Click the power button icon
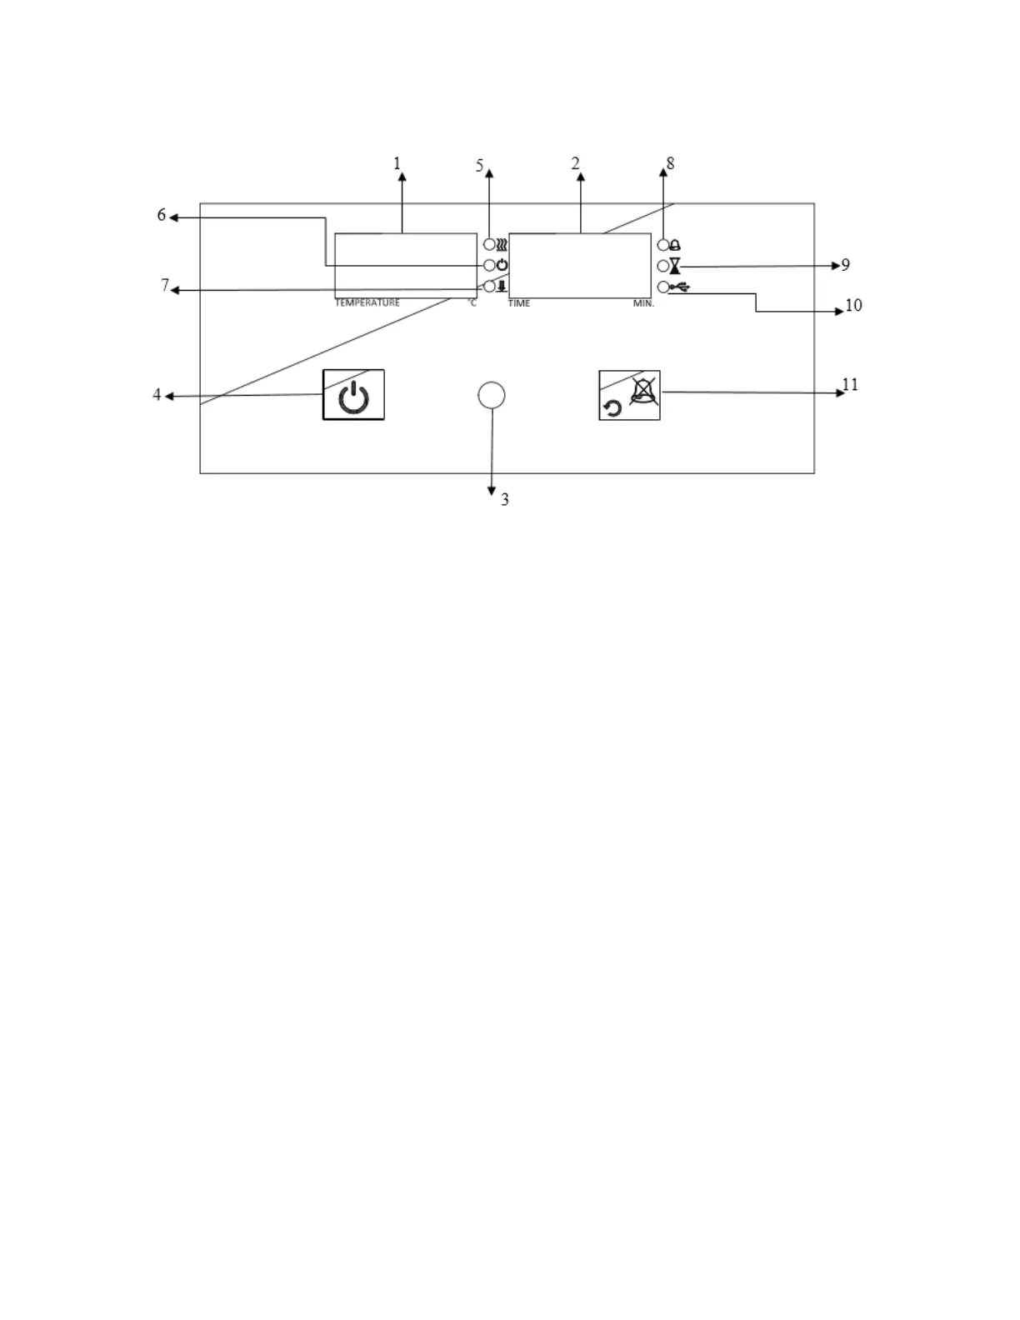353,396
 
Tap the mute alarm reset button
630,395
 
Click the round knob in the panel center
492,395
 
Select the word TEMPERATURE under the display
367,302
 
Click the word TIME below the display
519,303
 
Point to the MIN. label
643,303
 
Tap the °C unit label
472,302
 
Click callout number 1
397,163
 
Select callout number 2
575,163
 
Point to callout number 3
505,500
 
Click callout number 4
157,395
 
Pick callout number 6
162,216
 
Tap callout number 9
846,265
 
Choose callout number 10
853,306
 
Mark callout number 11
850,385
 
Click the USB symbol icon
680,287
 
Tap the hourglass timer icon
675,266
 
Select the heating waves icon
502,245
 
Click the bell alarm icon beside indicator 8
675,245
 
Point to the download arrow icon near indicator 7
502,287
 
